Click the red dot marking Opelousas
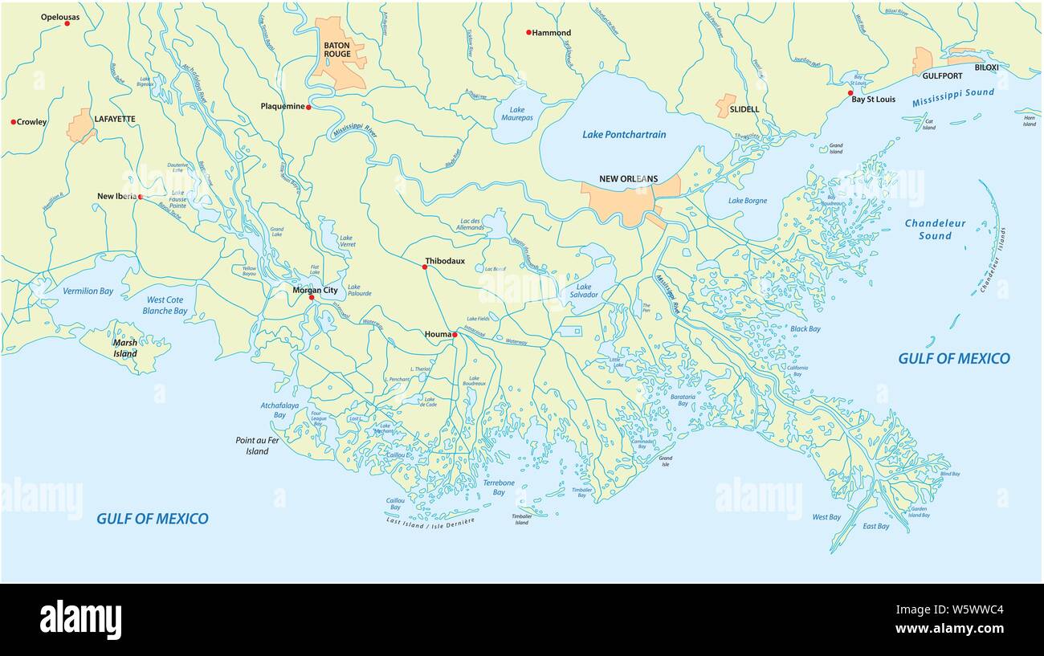pos(67,23)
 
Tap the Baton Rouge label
pos(337,49)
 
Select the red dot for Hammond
pos(528,33)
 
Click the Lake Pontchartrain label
pos(624,135)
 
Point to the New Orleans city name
pos(628,179)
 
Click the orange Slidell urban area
pos(726,104)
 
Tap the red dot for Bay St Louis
pos(850,93)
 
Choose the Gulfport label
pos(942,76)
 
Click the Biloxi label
pos(986,67)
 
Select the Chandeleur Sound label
pos(935,230)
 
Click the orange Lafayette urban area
pos(80,127)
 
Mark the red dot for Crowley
pos(14,122)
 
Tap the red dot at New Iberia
pos(140,197)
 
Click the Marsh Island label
pos(124,348)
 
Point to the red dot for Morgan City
pos(312,298)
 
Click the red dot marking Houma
pos(455,335)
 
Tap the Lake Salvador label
pos(584,291)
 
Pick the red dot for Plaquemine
pos(308,107)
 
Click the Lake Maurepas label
pos(516,114)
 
